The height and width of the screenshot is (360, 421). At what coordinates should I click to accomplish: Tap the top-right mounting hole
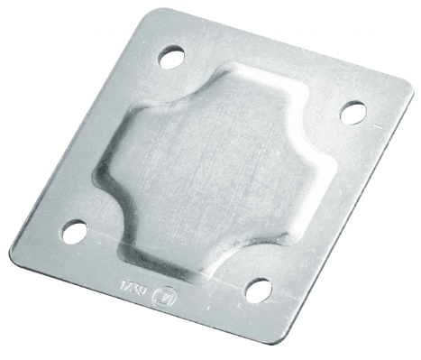coord(351,111)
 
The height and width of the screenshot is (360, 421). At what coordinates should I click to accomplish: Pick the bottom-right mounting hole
coord(259,291)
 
